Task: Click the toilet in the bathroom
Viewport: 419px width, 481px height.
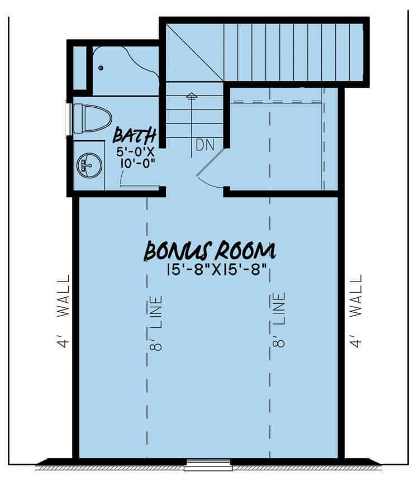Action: coord(93,118)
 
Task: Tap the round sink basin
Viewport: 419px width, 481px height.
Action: coord(89,165)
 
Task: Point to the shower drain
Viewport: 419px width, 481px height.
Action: coord(101,68)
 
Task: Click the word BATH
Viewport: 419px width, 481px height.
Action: coord(135,135)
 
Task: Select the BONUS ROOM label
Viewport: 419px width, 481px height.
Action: coord(210,251)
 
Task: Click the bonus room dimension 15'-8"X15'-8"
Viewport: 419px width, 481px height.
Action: coord(216,270)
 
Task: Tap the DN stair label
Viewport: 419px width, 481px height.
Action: coord(205,145)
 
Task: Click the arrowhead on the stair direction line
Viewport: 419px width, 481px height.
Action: coord(192,95)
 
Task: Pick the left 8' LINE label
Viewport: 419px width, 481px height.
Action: coord(156,323)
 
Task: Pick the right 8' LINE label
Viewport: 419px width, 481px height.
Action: coord(279,320)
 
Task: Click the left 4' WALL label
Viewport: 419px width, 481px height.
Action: coord(64,311)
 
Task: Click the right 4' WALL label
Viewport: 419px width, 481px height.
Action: coord(356,311)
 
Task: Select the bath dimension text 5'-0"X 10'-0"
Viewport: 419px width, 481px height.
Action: coord(136,158)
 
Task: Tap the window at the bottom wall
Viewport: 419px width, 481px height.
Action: coord(207,465)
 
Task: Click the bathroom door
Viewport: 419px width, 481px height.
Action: coord(140,186)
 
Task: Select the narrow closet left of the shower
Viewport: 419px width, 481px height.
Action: coord(80,68)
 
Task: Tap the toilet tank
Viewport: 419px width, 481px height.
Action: coord(78,118)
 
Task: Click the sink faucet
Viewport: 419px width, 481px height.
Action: coord(83,166)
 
